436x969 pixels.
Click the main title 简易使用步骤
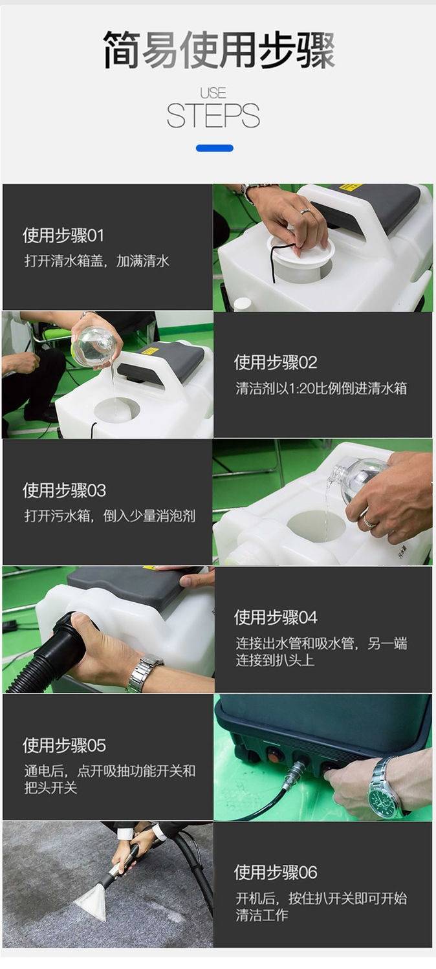click(219, 50)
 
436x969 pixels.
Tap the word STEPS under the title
click(213, 116)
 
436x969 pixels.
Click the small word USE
click(213, 93)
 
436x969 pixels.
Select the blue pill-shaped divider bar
click(215, 148)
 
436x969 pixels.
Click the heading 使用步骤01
click(63, 235)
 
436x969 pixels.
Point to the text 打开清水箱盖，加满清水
click(96, 261)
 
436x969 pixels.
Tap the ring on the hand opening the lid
click(305, 211)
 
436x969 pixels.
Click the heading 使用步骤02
click(276, 362)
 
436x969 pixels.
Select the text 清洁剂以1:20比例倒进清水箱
click(321, 388)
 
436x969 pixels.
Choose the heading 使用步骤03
click(64, 490)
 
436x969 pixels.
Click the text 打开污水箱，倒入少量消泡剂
click(110, 516)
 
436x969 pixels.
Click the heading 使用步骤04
click(276, 617)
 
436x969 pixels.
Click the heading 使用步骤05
click(64, 745)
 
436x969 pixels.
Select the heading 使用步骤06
click(276, 872)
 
